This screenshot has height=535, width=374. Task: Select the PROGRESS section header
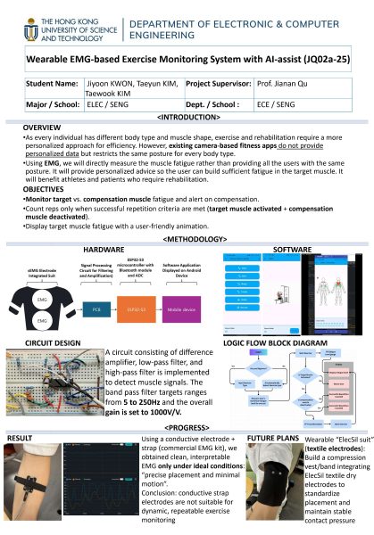[x=187, y=427]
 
